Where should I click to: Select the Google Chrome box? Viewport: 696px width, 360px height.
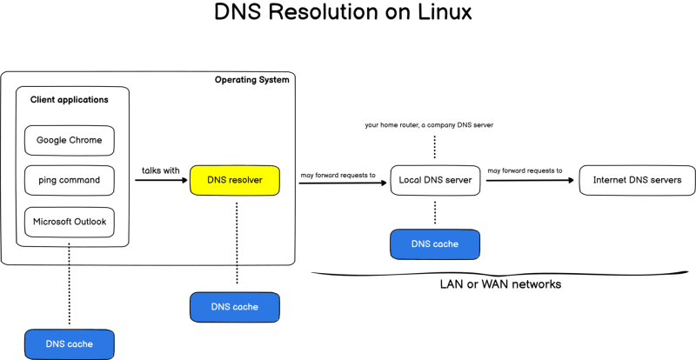tap(70, 139)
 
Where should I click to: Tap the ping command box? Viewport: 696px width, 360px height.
tap(70, 180)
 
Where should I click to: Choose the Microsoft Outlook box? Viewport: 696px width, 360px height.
tap(70, 222)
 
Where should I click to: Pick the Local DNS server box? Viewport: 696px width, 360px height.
tap(435, 181)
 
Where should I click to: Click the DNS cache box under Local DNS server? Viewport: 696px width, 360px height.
tap(435, 244)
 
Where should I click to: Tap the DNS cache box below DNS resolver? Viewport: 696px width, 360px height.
tap(235, 307)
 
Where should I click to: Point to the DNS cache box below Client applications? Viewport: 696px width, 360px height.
tap(70, 344)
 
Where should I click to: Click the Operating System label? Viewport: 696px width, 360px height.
tap(252, 80)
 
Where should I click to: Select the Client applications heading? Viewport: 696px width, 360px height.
tap(70, 100)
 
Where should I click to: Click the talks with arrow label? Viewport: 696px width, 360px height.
tap(160, 170)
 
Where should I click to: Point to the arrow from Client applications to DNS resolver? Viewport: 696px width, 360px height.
tap(160, 181)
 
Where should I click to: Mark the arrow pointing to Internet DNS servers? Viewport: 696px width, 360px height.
tap(531, 181)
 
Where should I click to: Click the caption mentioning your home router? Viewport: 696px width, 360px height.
tap(430, 125)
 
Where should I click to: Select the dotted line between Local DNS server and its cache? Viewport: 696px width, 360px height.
tap(435, 213)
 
